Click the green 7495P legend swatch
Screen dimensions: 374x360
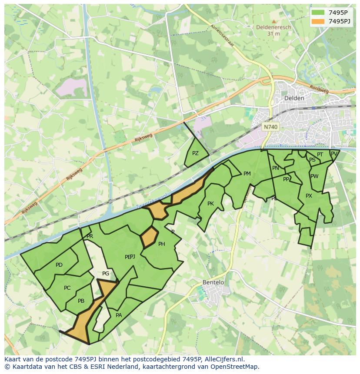(318, 13)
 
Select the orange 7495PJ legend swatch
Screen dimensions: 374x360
(318, 21)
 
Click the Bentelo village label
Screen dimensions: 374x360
(213, 282)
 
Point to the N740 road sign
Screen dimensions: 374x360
(270, 127)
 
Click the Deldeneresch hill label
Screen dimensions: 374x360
(273, 27)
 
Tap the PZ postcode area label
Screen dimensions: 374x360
(195, 153)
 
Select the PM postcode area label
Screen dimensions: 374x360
(247, 174)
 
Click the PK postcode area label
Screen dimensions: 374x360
(210, 204)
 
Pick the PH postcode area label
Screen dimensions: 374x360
(161, 244)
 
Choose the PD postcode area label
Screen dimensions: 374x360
(59, 265)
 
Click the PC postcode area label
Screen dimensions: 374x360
(67, 288)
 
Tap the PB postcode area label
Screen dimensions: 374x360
(81, 301)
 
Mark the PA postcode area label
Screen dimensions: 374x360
(119, 315)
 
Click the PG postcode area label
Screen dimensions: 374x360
(106, 274)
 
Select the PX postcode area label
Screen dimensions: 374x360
(309, 196)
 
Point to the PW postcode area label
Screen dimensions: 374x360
(314, 176)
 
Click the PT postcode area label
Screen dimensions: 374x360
(320, 155)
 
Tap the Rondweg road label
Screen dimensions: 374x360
(319, 89)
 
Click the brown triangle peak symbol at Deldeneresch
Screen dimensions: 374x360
(273, 21)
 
